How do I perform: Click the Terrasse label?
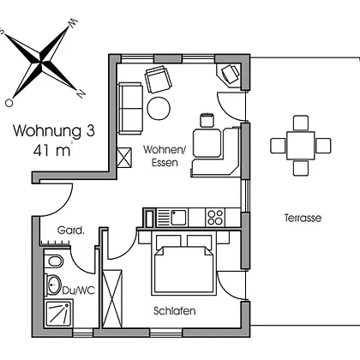pyautogui.click(x=303, y=218)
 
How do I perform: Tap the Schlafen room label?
pyautogui.click(x=175, y=311)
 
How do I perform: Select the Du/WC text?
pyautogui.click(x=79, y=291)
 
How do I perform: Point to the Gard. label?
pyautogui.click(x=71, y=231)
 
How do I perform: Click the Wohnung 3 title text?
pyautogui.click(x=54, y=131)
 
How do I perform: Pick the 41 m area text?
pyautogui.click(x=51, y=151)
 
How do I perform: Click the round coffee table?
pyautogui.click(x=159, y=109)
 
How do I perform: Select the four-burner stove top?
pyautogui.click(x=215, y=218)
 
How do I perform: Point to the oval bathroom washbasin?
pyautogui.click(x=53, y=285)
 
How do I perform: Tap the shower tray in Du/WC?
pyautogui.click(x=58, y=313)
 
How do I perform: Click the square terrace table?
pyautogui.click(x=301, y=146)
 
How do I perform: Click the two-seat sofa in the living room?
pyautogui.click(x=130, y=108)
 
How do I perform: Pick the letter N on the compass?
pyautogui.click(x=81, y=93)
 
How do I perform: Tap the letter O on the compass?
pyautogui.click(x=9, y=103)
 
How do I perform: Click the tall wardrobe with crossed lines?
pyautogui.click(x=112, y=298)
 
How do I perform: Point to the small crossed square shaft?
pyautogui.click(x=124, y=157)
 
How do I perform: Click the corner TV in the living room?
pyautogui.click(x=229, y=75)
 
